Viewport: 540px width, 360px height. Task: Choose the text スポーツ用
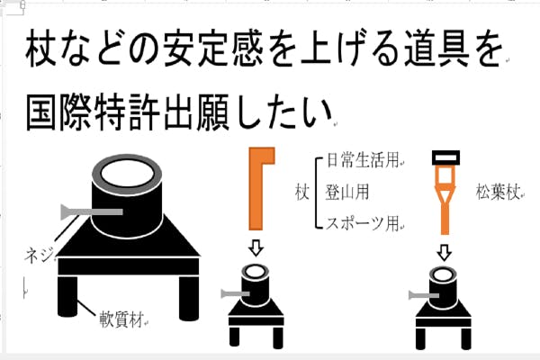[362, 222]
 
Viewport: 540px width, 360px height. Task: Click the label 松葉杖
[498, 192]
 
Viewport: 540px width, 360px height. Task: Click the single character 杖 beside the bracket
[302, 192]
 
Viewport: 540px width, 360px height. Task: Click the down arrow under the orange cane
[255, 247]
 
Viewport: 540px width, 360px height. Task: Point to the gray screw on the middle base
[233, 294]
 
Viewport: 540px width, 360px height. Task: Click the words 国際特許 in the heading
[96, 114]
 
